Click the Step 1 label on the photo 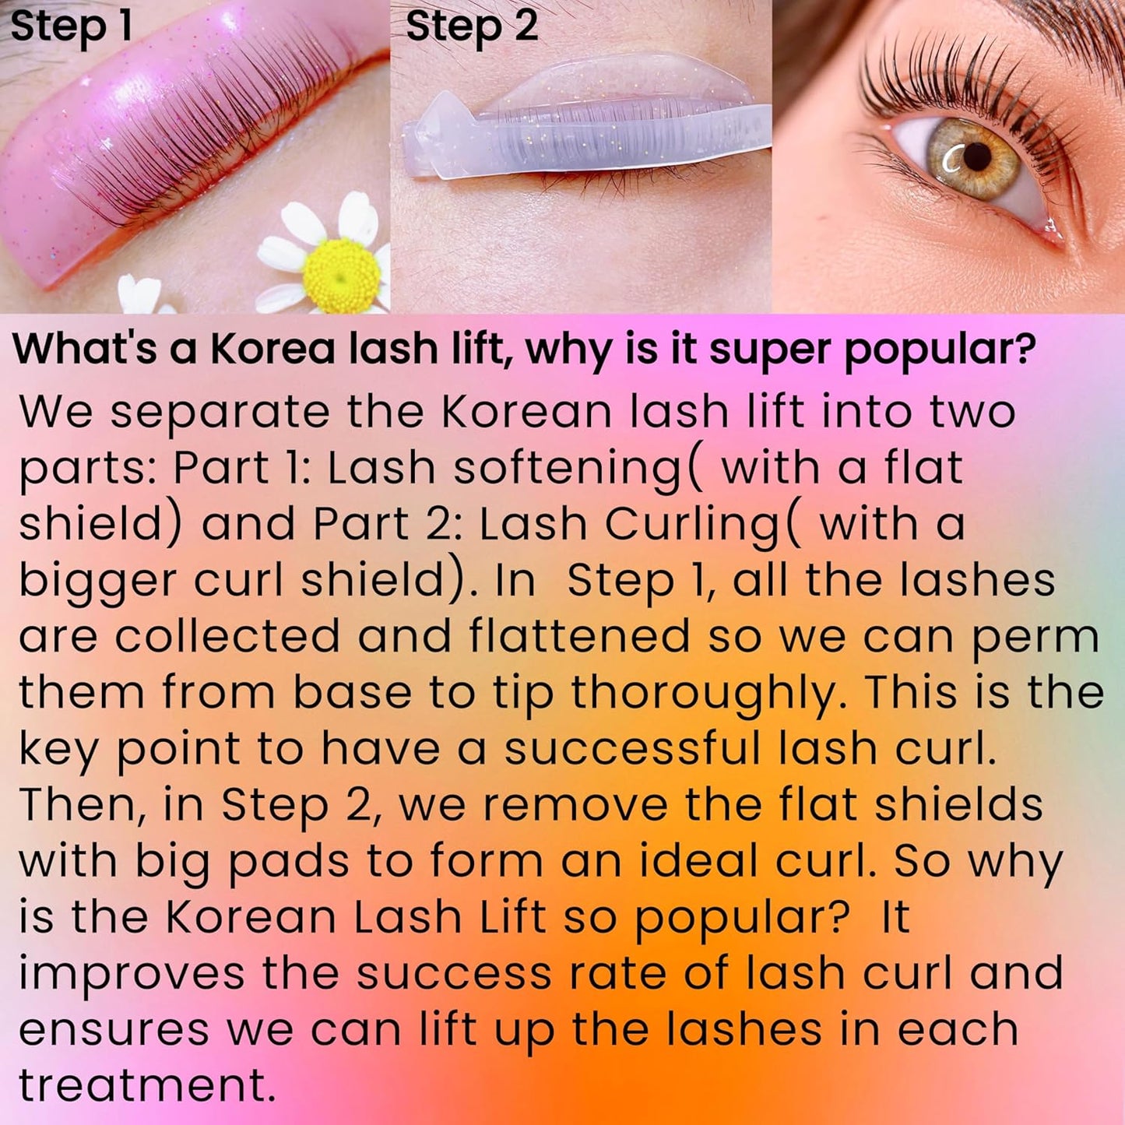click(x=72, y=26)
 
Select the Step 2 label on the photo click(x=472, y=26)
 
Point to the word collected click(x=227, y=636)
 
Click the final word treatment click(x=147, y=1085)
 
